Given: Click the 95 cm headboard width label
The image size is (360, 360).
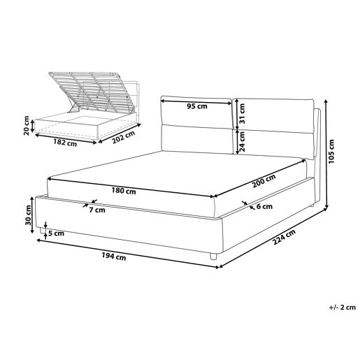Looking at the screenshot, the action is coord(197,106).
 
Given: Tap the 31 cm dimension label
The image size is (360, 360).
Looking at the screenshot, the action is coord(242,114).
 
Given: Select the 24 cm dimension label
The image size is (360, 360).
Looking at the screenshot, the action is coord(242,141).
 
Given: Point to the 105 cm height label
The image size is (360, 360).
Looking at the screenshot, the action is coord(331,152).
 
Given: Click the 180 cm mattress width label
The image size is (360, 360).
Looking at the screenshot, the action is coord(124,191).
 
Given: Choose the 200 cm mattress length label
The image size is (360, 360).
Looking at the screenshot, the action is coord(264,181).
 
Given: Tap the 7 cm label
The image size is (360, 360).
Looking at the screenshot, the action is coord(97,210).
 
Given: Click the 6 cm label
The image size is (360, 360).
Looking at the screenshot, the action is coord(264,206).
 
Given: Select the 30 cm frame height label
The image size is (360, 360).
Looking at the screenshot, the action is coord(28,215).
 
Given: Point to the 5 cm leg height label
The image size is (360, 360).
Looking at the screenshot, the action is coord(56,233).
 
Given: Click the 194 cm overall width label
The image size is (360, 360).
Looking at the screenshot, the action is coord(114,257).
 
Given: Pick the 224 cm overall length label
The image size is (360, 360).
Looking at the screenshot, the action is coord(284,237).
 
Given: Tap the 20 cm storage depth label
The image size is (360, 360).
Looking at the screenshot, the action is coord(27,125).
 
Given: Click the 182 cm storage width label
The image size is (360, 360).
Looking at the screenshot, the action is coord(65,142).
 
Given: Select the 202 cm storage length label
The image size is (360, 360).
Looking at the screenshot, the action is coord(124,137).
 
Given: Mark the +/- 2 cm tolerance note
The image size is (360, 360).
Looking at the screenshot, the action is coord(343,307).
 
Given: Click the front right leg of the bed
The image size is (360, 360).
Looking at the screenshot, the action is coord(213,256).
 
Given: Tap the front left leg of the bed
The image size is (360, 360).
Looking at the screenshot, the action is coord(43,231).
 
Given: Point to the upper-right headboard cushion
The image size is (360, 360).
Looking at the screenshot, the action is coord(274,115).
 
